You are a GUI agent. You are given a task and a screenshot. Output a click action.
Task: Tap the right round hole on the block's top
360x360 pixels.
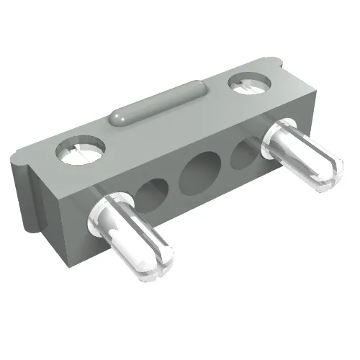tap(248, 84)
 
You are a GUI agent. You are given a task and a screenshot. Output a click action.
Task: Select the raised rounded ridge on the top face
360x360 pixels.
tap(160, 103)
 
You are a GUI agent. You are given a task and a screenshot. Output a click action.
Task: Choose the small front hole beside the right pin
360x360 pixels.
tap(246, 153)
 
